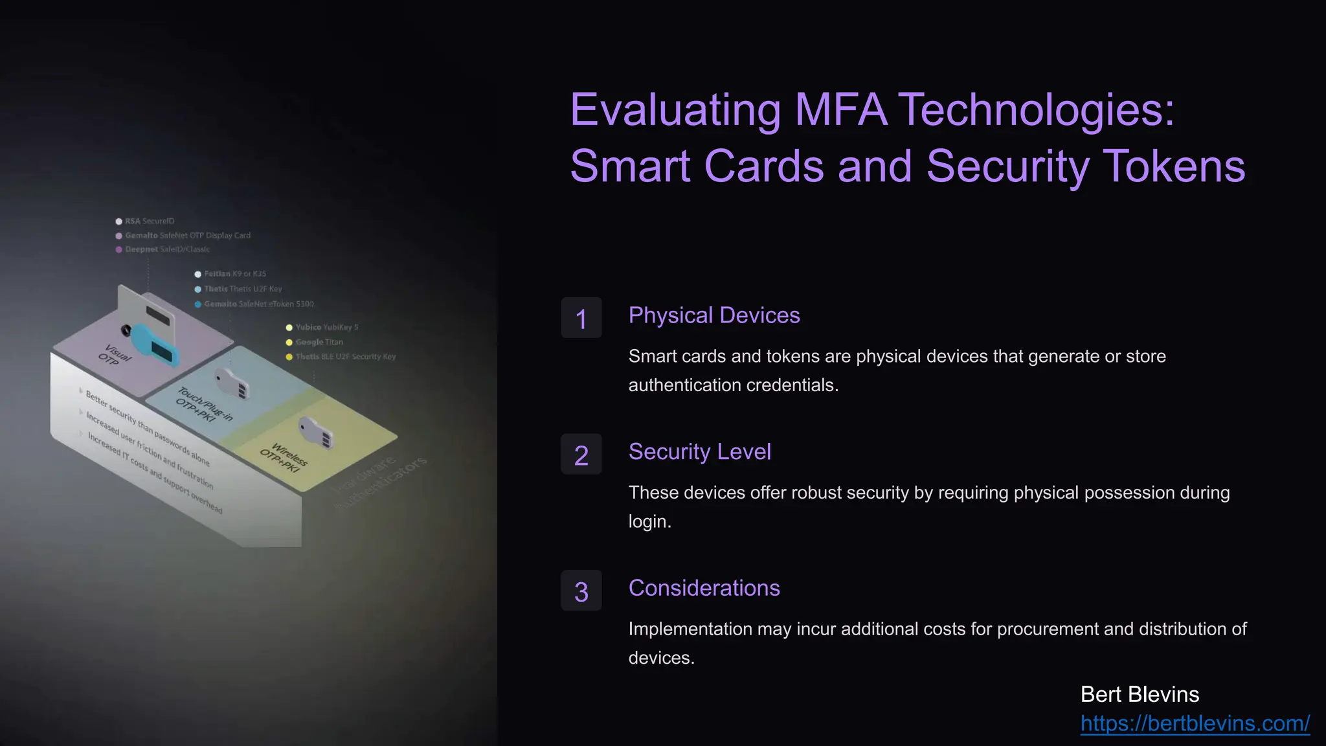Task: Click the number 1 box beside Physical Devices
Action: [581, 318]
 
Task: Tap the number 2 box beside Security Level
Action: [581, 455]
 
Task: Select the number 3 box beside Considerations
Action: [581, 591]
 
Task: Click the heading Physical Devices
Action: [714, 315]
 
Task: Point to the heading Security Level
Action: [699, 452]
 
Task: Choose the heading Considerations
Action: [704, 588]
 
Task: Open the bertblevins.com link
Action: [1195, 723]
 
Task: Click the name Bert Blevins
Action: [1140, 695]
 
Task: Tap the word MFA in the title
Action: [840, 110]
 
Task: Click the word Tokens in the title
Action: [1173, 166]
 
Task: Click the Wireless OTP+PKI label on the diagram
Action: [284, 457]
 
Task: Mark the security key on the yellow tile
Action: [316, 432]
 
